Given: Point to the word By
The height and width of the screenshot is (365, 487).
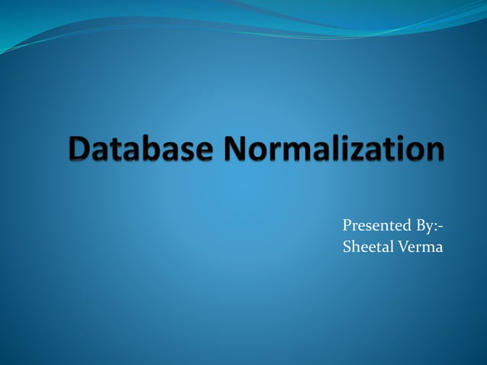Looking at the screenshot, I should [424, 227].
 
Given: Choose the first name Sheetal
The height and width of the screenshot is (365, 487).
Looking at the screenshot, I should [366, 247].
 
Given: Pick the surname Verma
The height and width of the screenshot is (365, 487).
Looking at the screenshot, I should [418, 247].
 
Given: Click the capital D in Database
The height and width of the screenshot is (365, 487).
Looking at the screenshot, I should [79, 149].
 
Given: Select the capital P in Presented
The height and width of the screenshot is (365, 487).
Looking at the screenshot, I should [347, 227].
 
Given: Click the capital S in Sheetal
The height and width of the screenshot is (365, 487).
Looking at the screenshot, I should [348, 247].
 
